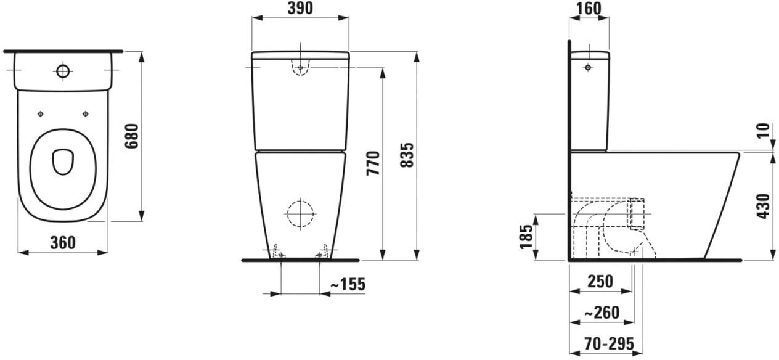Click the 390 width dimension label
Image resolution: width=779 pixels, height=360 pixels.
[x=300, y=9]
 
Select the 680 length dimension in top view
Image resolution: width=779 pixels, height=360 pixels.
[x=132, y=136]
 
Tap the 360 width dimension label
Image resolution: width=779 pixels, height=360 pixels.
[x=63, y=242]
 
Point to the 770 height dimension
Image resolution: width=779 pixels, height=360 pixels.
[x=373, y=163]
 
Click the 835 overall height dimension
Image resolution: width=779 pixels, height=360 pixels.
[x=407, y=155]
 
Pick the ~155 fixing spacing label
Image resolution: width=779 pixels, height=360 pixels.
[x=348, y=284]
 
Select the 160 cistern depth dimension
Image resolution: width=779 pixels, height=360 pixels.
[x=589, y=9]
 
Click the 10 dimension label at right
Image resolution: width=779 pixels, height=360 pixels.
[x=764, y=131]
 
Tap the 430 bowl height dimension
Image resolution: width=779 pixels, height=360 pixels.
[x=764, y=207]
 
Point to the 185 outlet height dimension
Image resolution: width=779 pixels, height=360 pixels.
[x=526, y=237]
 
